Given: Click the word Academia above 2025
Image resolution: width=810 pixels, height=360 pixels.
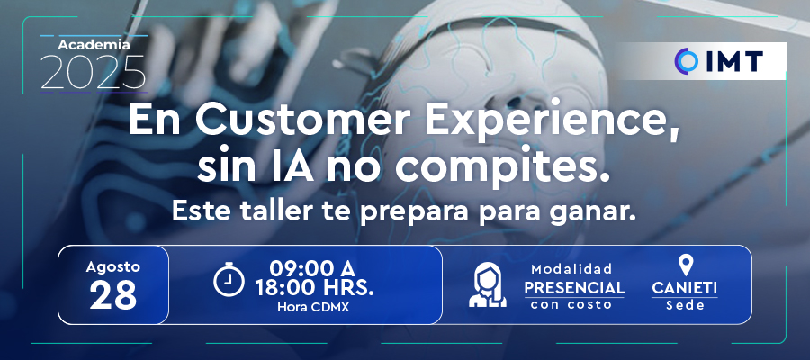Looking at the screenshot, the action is tap(94, 45).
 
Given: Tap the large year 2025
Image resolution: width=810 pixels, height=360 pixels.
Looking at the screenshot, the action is tap(93, 72).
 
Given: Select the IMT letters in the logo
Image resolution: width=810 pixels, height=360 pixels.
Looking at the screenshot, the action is tap(733, 61).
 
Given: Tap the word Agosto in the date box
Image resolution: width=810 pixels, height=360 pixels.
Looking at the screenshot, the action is tap(113, 267).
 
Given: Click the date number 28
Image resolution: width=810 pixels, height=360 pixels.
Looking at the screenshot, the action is tap(113, 295).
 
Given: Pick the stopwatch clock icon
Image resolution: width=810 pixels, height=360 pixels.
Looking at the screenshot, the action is tap(229, 279).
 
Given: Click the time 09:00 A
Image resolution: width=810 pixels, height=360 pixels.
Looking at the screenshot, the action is tap(312, 268).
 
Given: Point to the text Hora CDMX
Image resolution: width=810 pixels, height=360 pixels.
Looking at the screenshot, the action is tap(313, 307).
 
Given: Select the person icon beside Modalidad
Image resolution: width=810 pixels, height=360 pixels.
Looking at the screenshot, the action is tap(488, 284).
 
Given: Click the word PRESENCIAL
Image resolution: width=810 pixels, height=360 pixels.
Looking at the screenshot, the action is tap(574, 287).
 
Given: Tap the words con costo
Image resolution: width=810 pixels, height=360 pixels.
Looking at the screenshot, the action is tap(571, 304).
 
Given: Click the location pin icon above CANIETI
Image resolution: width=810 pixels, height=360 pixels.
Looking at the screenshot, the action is tap(686, 265).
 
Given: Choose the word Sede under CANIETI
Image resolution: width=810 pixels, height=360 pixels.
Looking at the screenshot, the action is tap(685, 305).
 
